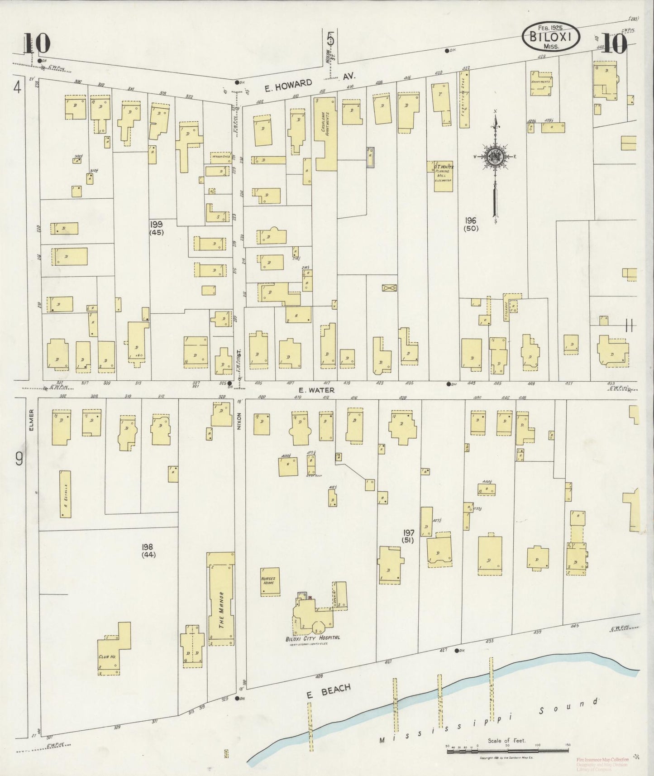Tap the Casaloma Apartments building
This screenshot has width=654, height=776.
pos(325,133)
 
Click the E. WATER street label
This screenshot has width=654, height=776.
pos(316,390)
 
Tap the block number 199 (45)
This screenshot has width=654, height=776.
pos(157,228)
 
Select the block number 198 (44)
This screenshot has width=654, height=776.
pos(148,551)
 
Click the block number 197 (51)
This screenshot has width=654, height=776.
pos(409,536)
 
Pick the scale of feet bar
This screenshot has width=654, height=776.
pos(507,752)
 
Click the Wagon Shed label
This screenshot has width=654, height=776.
pos(220,157)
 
